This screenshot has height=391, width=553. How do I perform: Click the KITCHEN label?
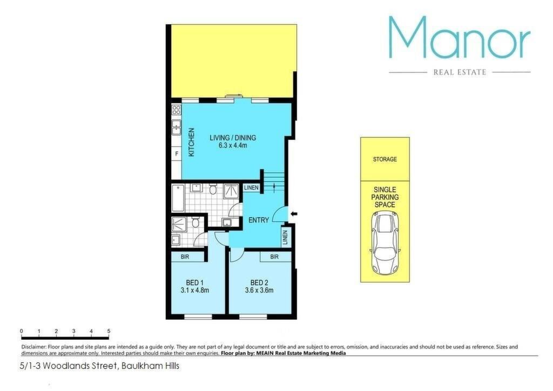tap(191, 142)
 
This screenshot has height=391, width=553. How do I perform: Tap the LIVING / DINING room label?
tap(233, 138)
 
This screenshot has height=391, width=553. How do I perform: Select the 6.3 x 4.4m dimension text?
tap(233, 145)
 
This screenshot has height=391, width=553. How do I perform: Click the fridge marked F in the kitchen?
tap(177, 154)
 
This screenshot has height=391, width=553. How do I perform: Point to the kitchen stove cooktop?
tap(177, 109)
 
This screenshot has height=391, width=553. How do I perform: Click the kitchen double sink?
tap(177, 127)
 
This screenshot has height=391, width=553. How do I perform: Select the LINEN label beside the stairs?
tap(252, 187)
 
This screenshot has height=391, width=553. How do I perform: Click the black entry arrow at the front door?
tap(294, 213)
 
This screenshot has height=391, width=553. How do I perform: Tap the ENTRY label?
tap(259, 220)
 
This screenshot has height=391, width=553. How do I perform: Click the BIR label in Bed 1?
tap(185, 257)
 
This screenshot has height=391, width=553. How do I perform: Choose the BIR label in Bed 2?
tap(274, 257)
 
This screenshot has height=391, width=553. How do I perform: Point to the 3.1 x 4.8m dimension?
tap(194, 291)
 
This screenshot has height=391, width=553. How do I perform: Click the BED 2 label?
tap(259, 283)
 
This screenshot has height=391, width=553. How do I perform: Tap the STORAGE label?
tap(385, 159)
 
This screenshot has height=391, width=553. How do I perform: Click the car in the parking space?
tap(385, 243)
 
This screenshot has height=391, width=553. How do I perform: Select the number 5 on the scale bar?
tap(109, 331)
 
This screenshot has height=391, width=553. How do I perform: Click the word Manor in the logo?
tap(459, 37)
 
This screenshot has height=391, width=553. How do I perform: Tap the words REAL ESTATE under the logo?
tap(460, 72)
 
